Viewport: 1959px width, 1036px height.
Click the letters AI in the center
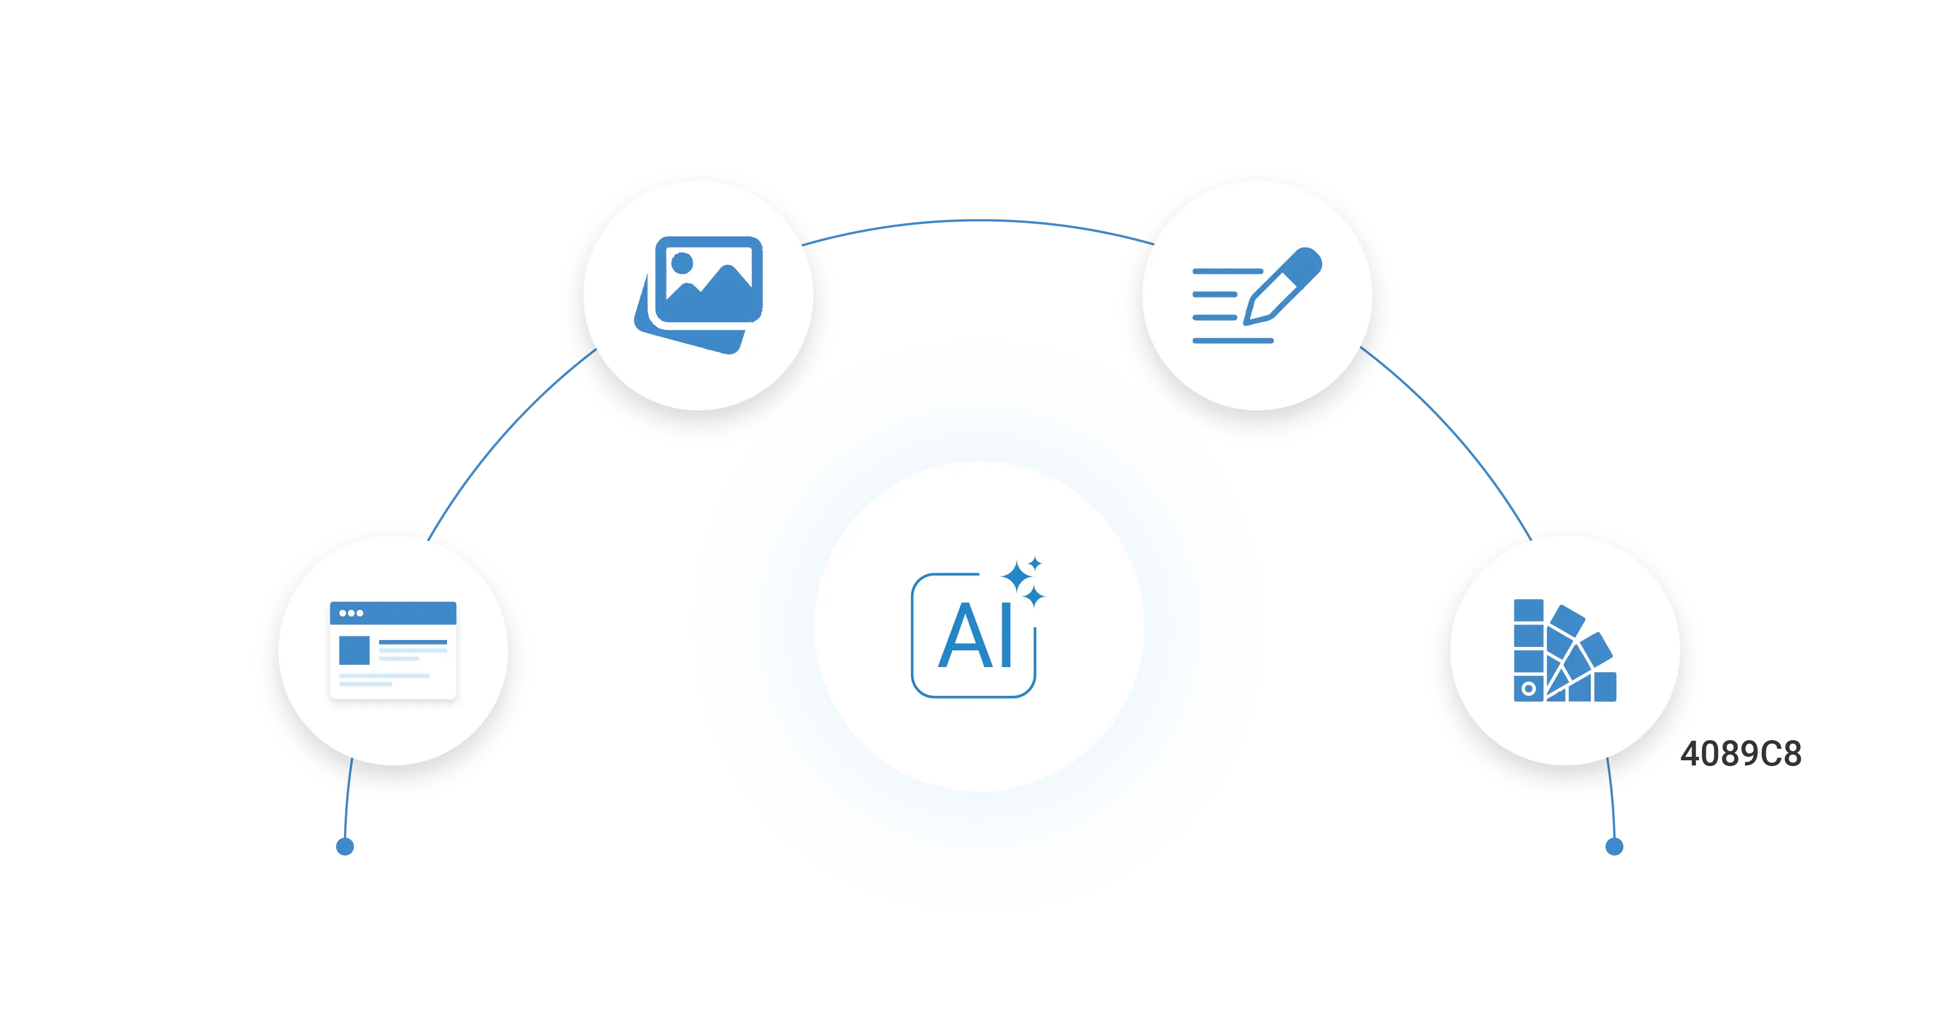click(976, 636)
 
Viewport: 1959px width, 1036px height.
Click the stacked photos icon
click(700, 294)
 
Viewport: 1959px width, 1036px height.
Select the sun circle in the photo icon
click(682, 262)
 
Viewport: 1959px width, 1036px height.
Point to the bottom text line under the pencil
click(1232, 341)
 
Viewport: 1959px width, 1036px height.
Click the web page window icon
click(392, 650)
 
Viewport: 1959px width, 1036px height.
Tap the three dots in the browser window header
click(350, 613)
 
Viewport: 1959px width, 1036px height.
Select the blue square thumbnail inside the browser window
click(354, 650)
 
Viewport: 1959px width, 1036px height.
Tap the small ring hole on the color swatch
click(1529, 689)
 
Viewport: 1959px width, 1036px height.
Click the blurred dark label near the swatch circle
click(1742, 753)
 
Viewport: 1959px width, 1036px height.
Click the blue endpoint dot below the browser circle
click(345, 847)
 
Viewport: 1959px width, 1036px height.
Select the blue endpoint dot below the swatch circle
click(1614, 846)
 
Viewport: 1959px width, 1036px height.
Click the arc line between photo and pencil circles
click(979, 222)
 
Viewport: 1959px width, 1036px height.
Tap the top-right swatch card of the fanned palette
click(1595, 650)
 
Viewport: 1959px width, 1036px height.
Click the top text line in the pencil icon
click(1227, 271)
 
